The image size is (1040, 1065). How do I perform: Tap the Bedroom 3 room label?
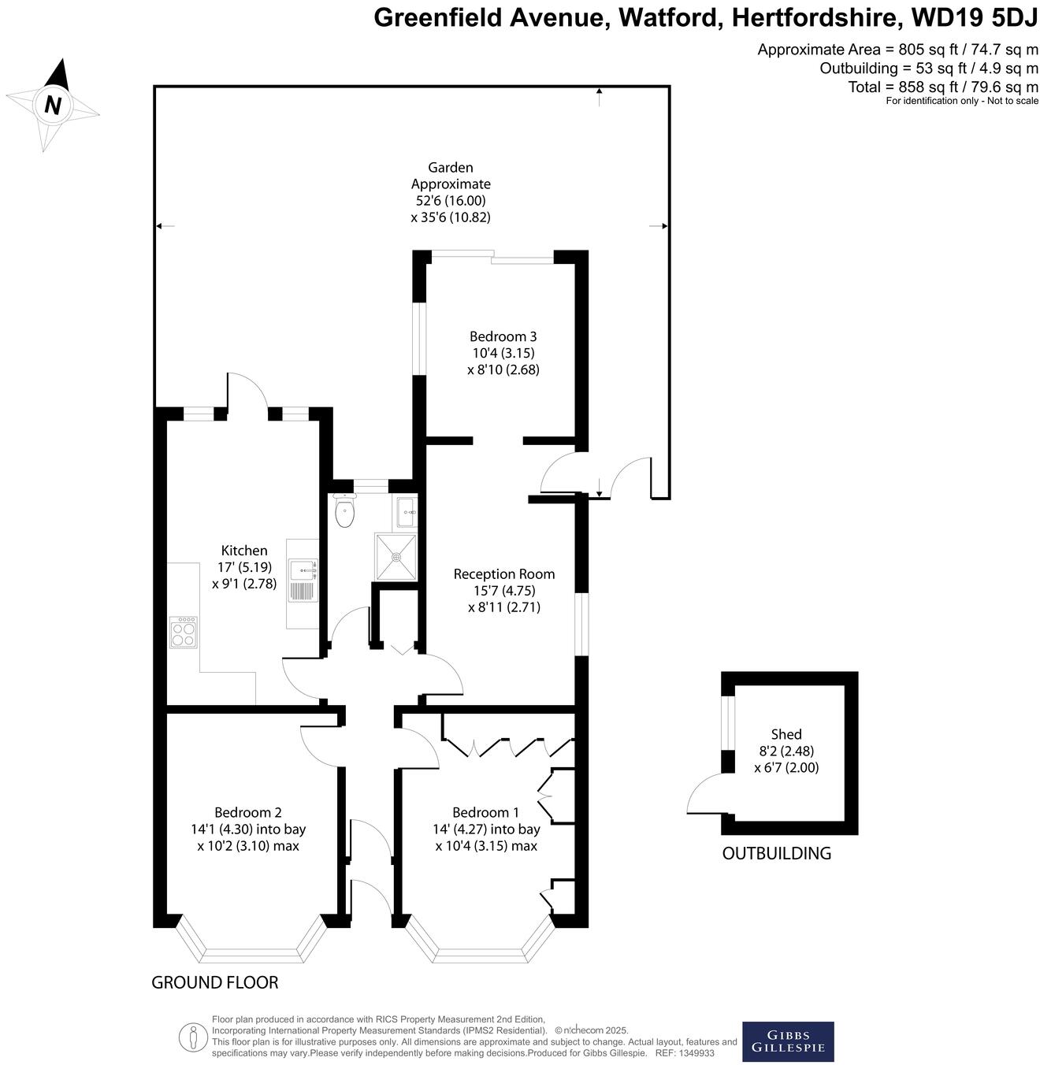point(503,336)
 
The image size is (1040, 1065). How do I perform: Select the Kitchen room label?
point(244,551)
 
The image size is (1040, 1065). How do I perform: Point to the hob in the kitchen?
point(184,632)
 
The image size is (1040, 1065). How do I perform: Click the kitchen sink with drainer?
point(303,581)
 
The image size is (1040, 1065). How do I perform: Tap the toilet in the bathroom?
point(345,512)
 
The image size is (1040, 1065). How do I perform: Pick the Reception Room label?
point(503,574)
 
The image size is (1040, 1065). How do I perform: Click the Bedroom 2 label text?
point(248,812)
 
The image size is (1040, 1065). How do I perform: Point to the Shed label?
point(786,734)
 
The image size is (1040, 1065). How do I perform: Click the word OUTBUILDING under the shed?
point(776,853)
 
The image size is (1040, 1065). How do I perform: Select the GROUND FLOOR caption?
point(215,982)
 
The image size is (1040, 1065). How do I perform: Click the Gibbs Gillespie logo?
point(788,1041)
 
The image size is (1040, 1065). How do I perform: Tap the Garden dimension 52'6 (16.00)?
point(451,201)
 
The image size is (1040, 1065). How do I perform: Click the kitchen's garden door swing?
point(247,391)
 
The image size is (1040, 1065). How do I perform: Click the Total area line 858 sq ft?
point(943,87)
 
